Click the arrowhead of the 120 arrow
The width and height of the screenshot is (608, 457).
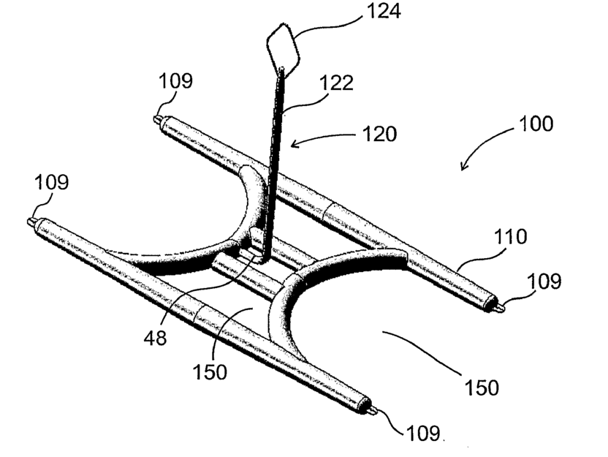tap(294, 144)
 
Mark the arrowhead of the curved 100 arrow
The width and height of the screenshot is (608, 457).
tap(462, 168)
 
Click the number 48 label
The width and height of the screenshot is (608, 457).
tap(155, 338)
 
